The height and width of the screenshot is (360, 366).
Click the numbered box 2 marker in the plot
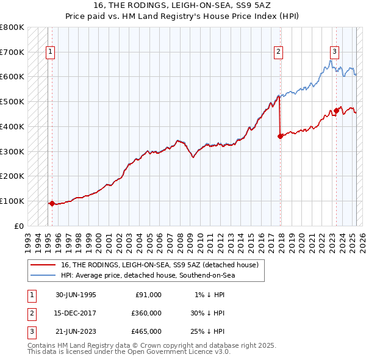pyautogui.click(x=278, y=52)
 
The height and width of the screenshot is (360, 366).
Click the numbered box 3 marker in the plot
pyautogui.click(x=335, y=52)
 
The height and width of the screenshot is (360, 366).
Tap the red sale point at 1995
pyautogui.click(x=52, y=203)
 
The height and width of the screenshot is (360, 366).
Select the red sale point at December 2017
pyautogui.click(x=280, y=137)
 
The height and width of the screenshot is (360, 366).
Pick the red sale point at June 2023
pyautogui.click(x=336, y=110)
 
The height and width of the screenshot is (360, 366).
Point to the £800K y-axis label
pyautogui.click(x=12, y=27)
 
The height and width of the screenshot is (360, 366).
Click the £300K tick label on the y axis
pyautogui.click(x=12, y=151)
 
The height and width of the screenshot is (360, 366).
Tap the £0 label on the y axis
pyautogui.click(x=19, y=226)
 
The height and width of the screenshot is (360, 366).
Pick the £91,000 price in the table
pyautogui.click(x=148, y=295)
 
